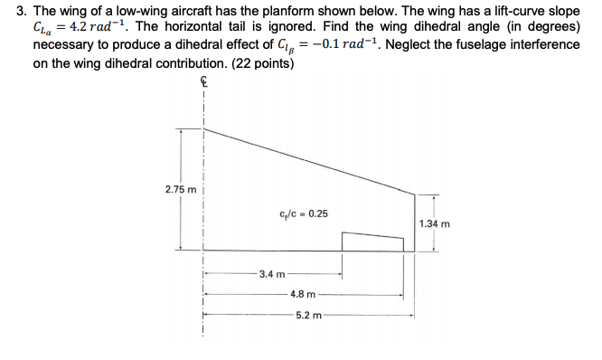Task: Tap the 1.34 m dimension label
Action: (436, 224)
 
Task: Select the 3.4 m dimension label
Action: (271, 273)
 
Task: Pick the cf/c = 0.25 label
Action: (305, 214)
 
